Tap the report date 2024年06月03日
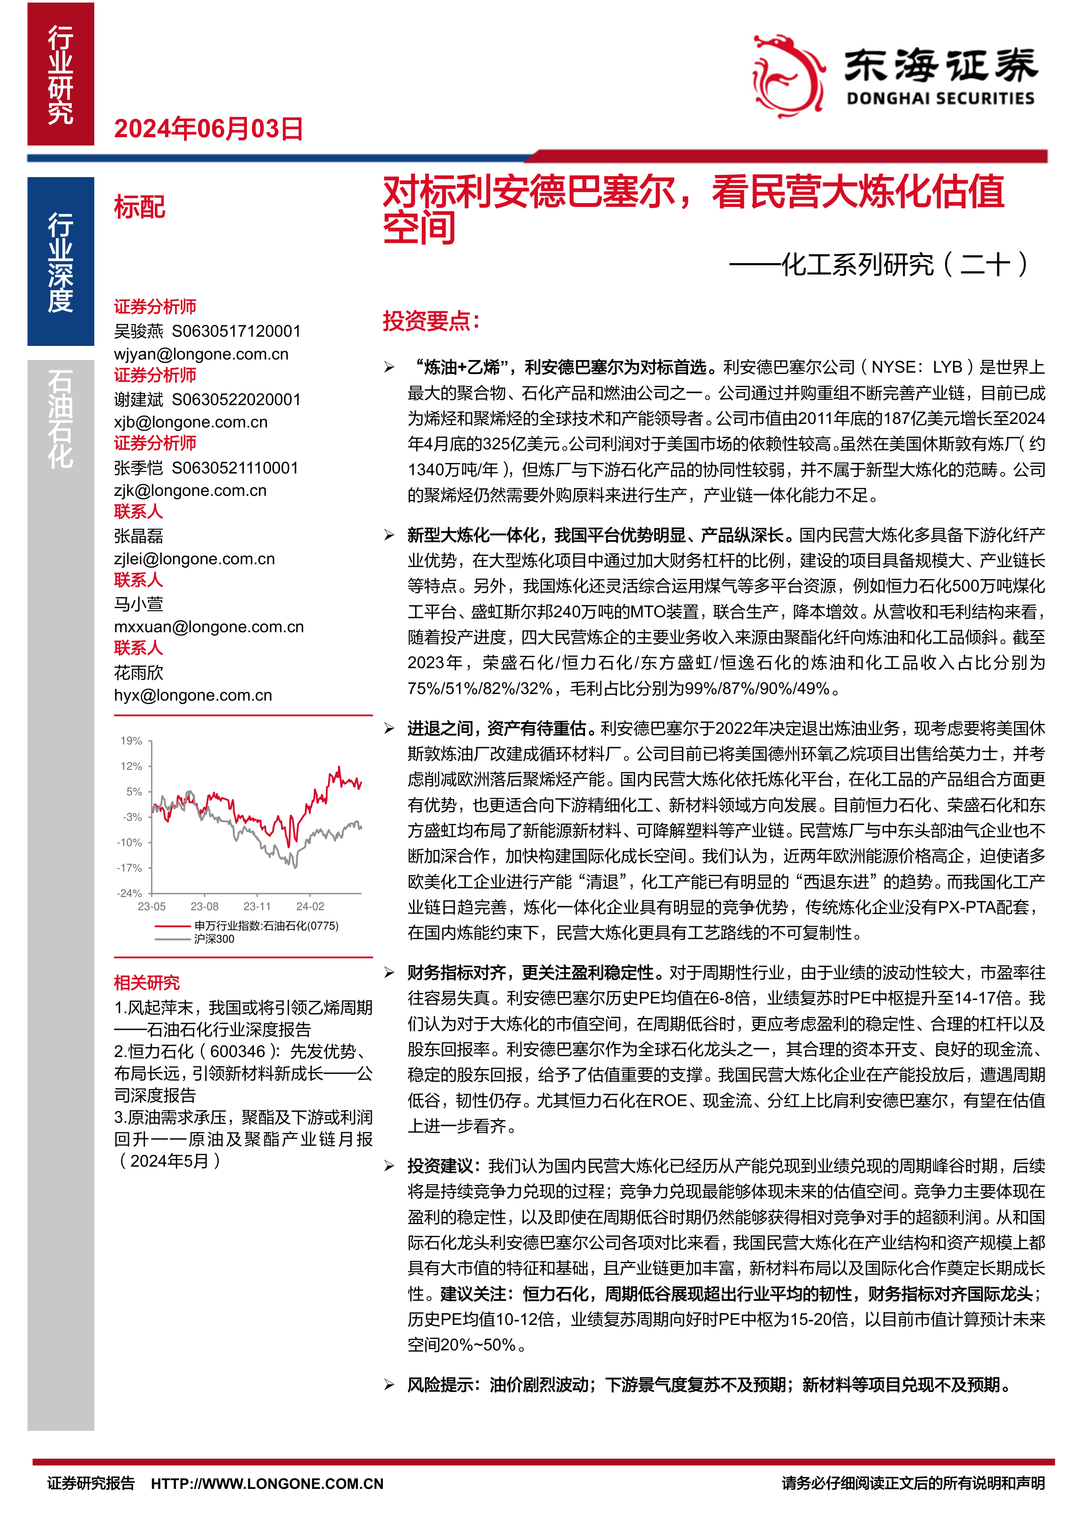208,128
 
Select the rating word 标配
139,207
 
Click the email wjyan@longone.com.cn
201,354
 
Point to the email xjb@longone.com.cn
190,422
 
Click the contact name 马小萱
139,604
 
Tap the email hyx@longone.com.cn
193,695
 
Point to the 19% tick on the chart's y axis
131,741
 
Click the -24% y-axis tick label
130,893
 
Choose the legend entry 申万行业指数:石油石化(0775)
266,926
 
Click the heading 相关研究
147,983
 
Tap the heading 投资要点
431,321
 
